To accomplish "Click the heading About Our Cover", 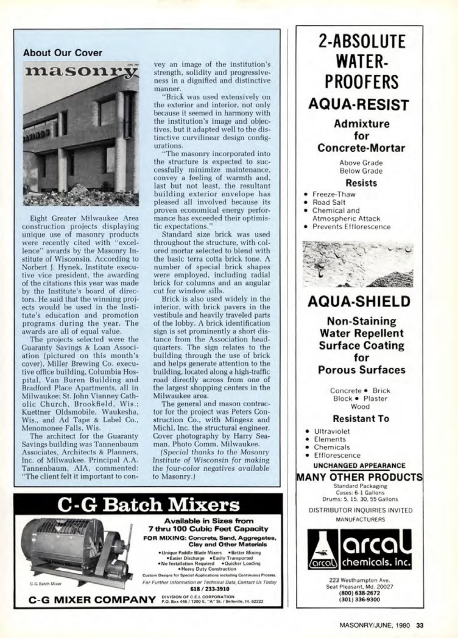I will pos(62,53).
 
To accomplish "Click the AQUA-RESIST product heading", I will pos(359,105).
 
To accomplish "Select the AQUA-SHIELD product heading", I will pos(359,302).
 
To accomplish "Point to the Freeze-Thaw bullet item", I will pos(334,194).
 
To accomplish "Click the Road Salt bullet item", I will pos(329,202).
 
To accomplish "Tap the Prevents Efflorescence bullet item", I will pos(351,227).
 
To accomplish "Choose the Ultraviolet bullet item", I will pos(332,431).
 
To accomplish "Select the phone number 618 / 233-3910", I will pos(209,589).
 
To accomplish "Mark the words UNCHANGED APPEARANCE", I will pos(359,466).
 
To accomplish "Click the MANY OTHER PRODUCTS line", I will pos(359,477).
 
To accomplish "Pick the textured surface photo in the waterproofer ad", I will pos(358,264).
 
